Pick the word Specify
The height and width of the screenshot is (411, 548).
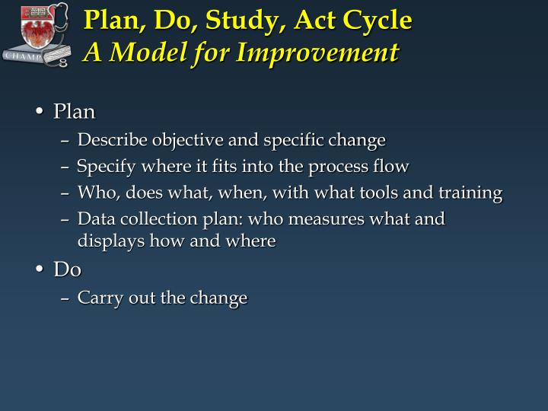coord(107,167)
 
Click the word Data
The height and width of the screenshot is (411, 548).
coord(94,219)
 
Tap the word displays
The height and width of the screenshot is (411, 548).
coord(104,241)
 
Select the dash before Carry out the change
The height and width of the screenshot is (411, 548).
coord(65,298)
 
